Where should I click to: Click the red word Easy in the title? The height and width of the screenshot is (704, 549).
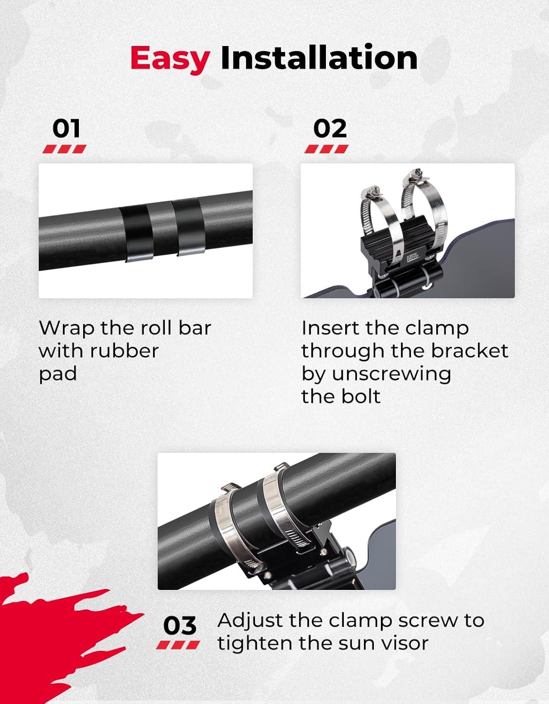(170, 59)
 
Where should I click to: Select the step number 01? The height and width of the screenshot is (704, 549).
(66, 129)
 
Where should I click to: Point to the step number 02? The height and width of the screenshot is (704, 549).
(330, 129)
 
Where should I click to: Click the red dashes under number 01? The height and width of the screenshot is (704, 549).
(65, 149)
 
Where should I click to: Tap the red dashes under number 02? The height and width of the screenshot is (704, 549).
(326, 149)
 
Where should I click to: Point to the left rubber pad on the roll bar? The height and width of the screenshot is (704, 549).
(137, 233)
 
